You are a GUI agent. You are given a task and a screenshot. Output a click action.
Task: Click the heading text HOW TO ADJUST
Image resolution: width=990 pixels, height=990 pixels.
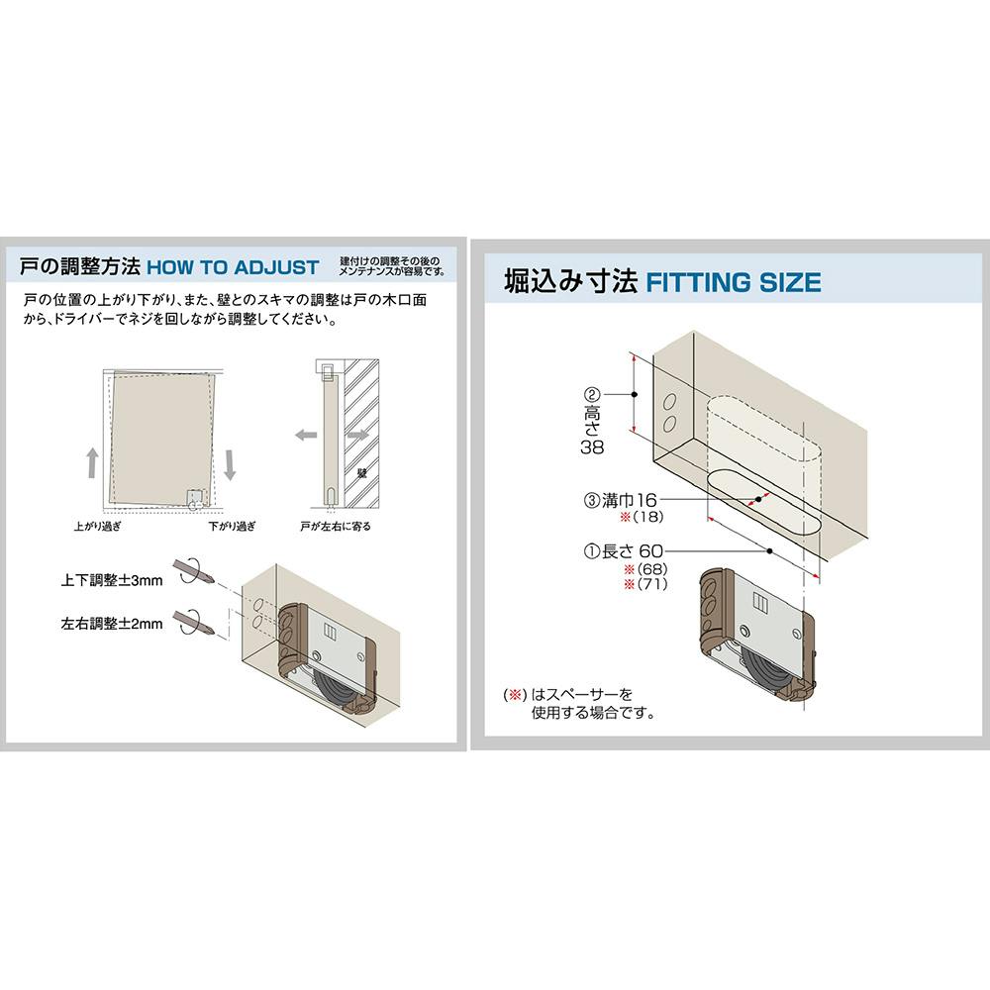click(x=233, y=267)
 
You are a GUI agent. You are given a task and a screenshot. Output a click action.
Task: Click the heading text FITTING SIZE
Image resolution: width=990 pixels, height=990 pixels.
click(x=733, y=282)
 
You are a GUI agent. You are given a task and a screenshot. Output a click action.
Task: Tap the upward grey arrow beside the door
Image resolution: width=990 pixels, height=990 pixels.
click(x=93, y=462)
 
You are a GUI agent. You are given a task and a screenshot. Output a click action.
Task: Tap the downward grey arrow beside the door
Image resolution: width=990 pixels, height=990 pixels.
click(x=230, y=465)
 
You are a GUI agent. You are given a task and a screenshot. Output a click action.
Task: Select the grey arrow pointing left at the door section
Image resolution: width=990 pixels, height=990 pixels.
click(x=306, y=435)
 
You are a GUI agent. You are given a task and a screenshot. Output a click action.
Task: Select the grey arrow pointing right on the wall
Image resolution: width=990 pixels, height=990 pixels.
click(x=358, y=435)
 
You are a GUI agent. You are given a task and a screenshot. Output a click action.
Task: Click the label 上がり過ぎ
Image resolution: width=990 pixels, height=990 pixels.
click(x=97, y=526)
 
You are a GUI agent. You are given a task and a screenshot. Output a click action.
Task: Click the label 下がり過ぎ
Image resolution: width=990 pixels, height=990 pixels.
click(x=232, y=526)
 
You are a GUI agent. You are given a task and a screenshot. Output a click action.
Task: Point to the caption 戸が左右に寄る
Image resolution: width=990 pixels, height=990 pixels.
click(x=336, y=526)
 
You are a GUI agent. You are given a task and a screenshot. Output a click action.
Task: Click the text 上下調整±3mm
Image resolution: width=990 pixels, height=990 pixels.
click(x=112, y=580)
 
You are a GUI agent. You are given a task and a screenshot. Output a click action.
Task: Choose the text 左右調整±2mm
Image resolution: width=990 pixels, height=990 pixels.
click(x=112, y=624)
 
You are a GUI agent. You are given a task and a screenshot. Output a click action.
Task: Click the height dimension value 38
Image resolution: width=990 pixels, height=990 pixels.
click(x=592, y=447)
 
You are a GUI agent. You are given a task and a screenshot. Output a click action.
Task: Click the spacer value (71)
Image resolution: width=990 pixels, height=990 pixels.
click(x=652, y=583)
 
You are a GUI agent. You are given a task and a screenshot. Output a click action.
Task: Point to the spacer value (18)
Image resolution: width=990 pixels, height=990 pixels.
click(x=648, y=517)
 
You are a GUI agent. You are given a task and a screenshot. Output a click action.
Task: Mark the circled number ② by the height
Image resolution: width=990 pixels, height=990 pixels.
click(x=592, y=395)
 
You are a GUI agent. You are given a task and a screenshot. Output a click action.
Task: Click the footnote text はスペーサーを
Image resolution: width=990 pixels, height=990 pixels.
click(x=581, y=695)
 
